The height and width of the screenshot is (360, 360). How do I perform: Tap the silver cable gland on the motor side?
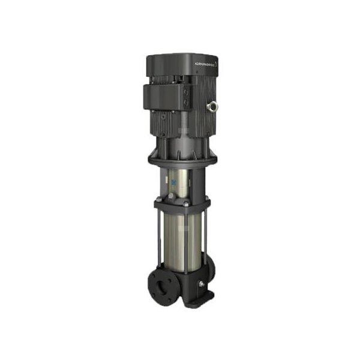coord(212,108)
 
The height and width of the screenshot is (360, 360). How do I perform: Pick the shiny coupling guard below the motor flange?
coord(180,180)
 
